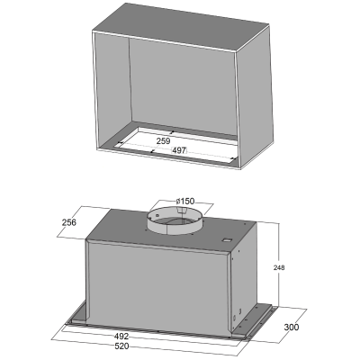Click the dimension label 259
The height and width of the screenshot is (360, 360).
[x=164, y=140]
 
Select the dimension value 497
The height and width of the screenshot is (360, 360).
[x=179, y=150]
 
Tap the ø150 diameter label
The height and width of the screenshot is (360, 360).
[x=185, y=201]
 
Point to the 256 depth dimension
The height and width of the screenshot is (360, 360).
[x=69, y=222]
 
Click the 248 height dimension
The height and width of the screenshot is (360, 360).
[x=279, y=267]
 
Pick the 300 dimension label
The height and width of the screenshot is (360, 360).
[x=292, y=327]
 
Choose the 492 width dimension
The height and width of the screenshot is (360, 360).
[x=121, y=337]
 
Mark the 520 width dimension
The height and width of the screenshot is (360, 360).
[x=121, y=346]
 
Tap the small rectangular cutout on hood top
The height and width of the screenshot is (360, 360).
[x=227, y=240]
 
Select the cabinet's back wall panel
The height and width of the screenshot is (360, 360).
[x=183, y=87]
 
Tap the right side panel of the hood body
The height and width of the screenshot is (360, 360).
[x=245, y=277]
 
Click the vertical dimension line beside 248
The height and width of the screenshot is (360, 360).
[x=279, y=265]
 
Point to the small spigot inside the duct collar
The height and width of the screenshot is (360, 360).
[x=181, y=211]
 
